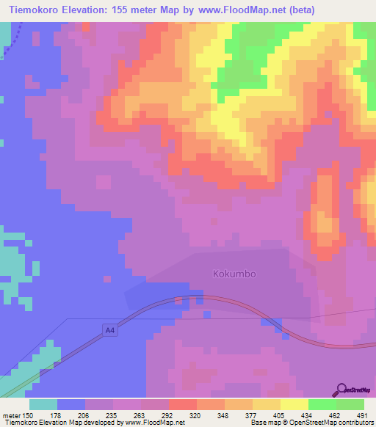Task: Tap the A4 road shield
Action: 110,331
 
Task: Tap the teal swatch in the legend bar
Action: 43,404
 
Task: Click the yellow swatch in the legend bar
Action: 294,404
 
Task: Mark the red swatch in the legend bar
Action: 182,404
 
